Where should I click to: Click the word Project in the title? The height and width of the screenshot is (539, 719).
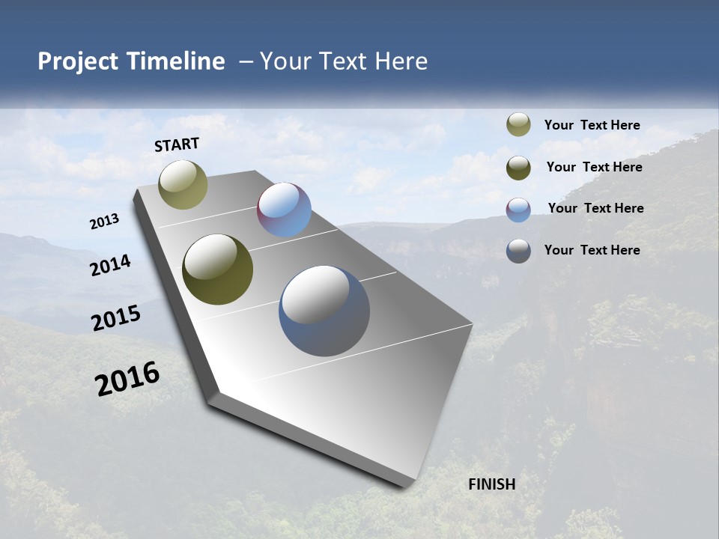(x=75, y=61)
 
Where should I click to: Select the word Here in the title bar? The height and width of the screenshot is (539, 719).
(x=401, y=61)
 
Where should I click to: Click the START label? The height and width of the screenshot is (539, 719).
(x=177, y=144)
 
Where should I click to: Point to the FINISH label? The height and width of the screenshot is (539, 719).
(x=492, y=484)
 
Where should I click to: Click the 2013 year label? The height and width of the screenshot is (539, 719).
(x=104, y=222)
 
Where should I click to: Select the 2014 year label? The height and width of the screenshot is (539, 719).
(x=110, y=265)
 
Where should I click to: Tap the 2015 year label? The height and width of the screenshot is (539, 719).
(x=116, y=318)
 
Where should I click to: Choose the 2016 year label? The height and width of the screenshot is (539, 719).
(x=127, y=379)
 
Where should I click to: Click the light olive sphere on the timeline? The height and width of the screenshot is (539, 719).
(x=183, y=184)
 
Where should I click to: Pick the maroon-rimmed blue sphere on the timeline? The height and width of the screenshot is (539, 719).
(x=284, y=210)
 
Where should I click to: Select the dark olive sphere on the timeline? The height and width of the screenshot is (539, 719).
(x=217, y=269)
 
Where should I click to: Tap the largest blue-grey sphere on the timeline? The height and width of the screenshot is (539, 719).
(x=324, y=311)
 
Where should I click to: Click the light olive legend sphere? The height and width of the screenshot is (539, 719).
(x=518, y=125)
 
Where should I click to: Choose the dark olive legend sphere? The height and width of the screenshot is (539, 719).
(x=518, y=168)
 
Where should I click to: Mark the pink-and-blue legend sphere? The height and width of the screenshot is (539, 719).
(x=518, y=209)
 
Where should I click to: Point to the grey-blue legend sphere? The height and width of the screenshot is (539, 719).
(x=518, y=251)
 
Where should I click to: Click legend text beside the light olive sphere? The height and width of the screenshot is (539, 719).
(x=592, y=126)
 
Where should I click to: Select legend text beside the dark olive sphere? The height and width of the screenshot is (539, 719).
(x=594, y=167)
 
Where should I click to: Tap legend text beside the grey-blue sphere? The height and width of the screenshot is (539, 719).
(x=592, y=250)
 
